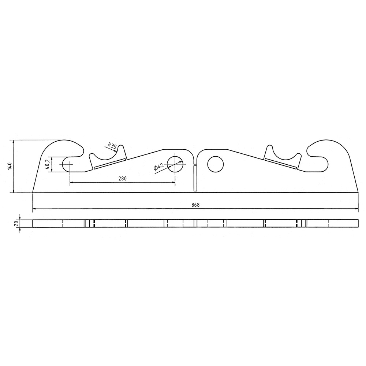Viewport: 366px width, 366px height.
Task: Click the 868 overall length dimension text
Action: tap(195, 205)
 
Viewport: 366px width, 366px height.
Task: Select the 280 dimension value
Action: tap(123, 179)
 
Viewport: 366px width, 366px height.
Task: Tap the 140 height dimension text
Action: tap(10, 166)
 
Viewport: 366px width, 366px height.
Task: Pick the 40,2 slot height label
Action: tap(47, 164)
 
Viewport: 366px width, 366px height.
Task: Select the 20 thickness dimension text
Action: tap(16, 224)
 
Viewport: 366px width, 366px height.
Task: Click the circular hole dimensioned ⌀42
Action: tap(175, 164)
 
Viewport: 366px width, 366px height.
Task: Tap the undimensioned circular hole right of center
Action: tap(216, 164)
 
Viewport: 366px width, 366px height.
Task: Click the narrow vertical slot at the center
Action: tap(195, 178)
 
